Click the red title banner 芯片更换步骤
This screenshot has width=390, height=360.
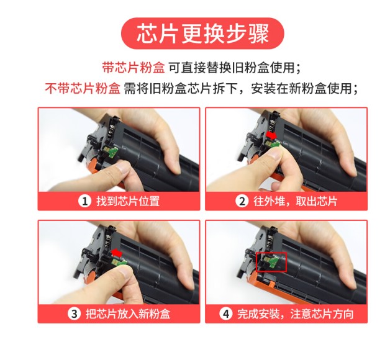[x=202, y=34]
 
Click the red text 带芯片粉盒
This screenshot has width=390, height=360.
[x=134, y=68]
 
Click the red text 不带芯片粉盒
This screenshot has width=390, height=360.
[x=83, y=88]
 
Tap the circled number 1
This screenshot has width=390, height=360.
[x=84, y=201]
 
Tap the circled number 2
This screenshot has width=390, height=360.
[x=242, y=201]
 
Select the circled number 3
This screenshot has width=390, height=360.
[x=74, y=313]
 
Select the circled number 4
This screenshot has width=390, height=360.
[x=225, y=313]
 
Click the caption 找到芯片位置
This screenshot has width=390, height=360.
[x=128, y=201]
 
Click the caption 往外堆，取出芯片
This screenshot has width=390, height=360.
[x=295, y=201]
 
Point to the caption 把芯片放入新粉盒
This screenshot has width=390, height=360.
[x=128, y=313]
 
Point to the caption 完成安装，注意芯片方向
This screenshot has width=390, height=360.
[x=295, y=313]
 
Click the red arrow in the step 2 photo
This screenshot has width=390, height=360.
[x=271, y=135]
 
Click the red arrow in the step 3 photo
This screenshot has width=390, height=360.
[x=116, y=253]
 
